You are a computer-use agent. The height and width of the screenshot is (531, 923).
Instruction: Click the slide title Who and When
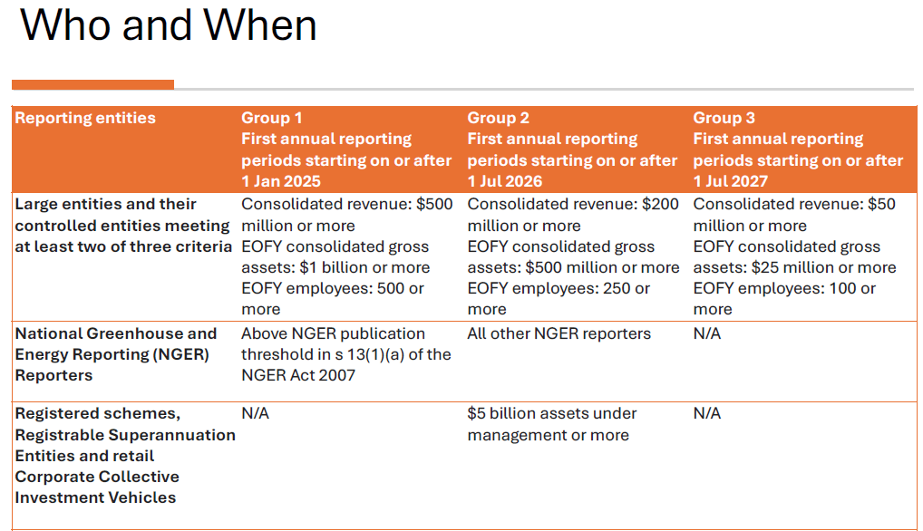(169, 25)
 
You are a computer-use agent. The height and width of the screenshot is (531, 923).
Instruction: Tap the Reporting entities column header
(85, 118)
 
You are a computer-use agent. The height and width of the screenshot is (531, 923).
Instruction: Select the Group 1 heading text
(271, 118)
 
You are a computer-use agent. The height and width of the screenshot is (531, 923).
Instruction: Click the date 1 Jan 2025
(281, 181)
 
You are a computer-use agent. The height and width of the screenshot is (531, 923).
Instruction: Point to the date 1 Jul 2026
(504, 181)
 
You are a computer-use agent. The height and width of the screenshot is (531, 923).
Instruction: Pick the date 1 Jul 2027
(731, 181)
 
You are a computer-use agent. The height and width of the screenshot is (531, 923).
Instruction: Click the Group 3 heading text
(724, 118)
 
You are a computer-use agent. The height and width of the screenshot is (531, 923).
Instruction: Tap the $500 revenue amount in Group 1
(434, 204)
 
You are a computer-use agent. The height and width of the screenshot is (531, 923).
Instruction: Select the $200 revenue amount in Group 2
(660, 204)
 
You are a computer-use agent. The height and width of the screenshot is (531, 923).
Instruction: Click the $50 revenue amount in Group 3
(882, 204)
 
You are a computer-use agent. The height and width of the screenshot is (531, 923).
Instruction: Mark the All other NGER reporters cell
(559, 333)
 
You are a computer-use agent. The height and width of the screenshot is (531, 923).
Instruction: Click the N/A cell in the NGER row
(707, 333)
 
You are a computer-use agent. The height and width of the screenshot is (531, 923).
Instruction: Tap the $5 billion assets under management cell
(551, 424)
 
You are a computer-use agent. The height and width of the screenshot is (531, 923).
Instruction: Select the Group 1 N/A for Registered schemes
(255, 413)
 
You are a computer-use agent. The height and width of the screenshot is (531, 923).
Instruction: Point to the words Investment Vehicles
(95, 497)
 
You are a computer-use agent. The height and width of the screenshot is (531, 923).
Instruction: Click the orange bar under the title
(93, 85)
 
